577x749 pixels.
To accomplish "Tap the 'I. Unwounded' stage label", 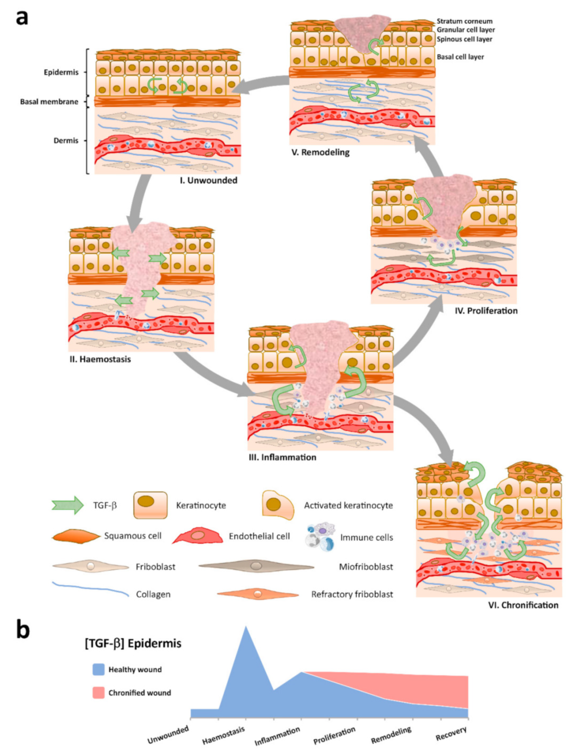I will [209, 180].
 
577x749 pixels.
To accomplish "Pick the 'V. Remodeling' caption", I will [320, 153].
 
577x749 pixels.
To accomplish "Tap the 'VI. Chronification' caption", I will [523, 605].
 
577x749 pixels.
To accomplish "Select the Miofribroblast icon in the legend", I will [256, 566].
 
